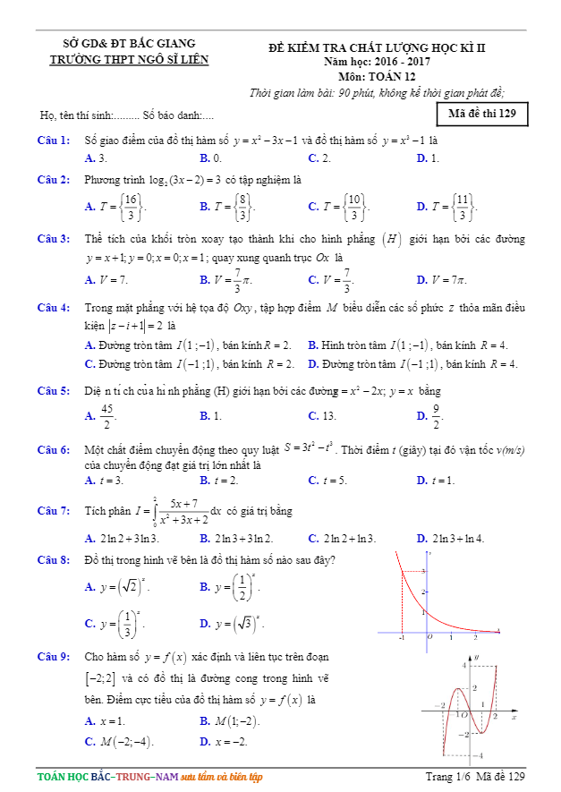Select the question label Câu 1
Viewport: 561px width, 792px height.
pos(54,141)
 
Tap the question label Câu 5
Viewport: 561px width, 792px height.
pos(54,391)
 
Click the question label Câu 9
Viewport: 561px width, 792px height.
pos(54,657)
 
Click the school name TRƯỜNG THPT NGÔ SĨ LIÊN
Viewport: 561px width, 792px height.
pos(129,60)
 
